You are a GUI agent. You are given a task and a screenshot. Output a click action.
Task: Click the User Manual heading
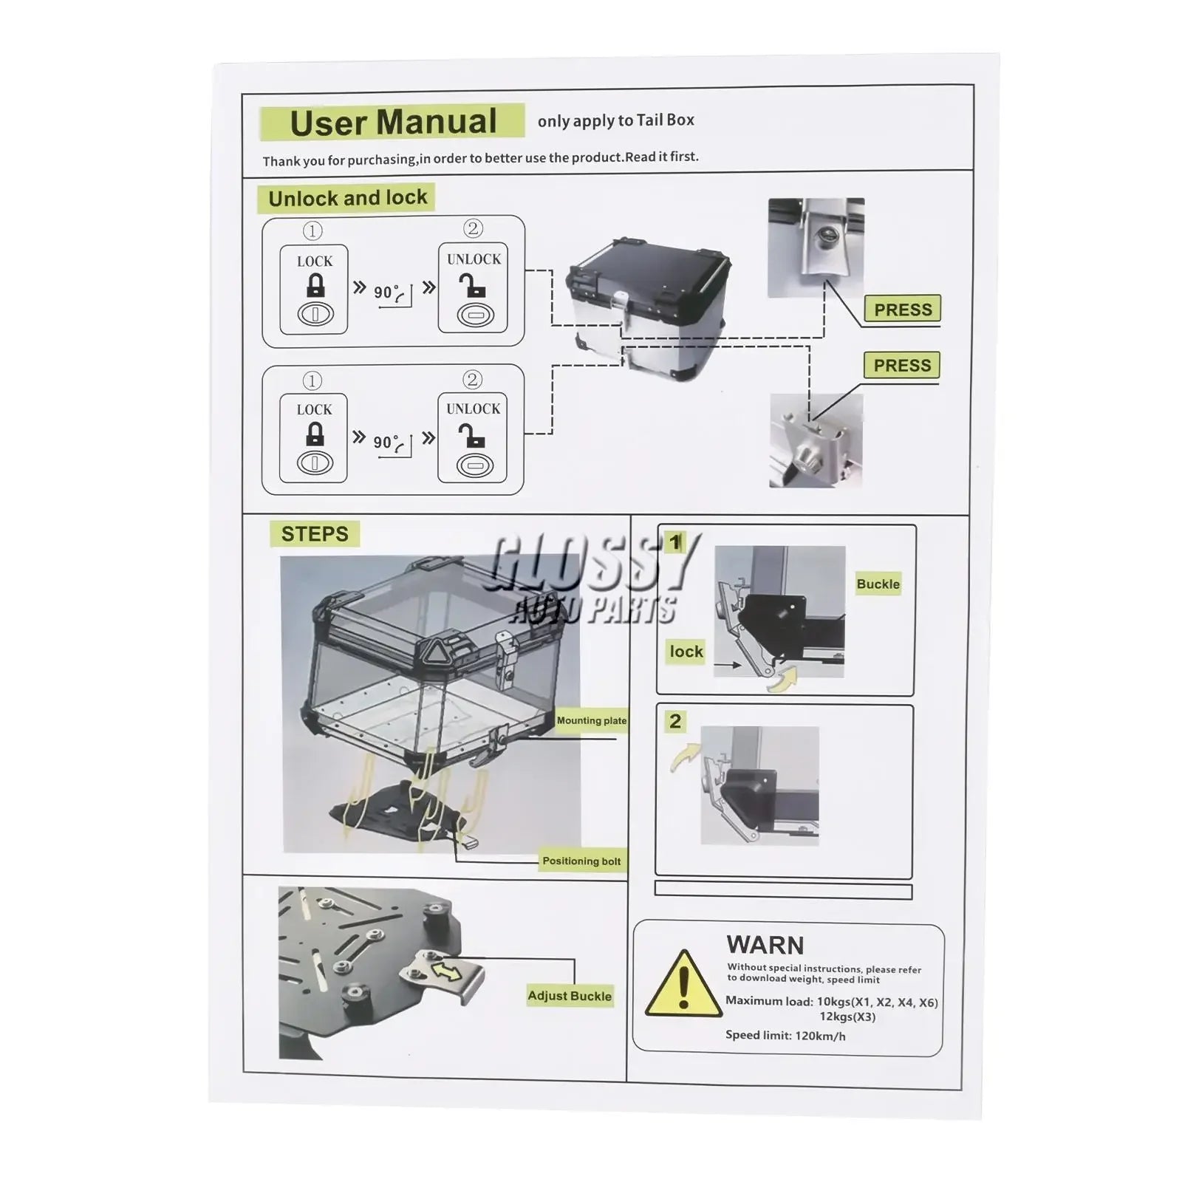(393, 123)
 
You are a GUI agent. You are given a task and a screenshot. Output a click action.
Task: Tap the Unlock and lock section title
(347, 198)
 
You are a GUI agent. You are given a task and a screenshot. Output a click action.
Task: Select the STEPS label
(315, 534)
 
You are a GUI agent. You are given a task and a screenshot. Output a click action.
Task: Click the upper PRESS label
(903, 310)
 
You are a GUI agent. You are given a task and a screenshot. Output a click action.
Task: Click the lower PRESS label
(902, 366)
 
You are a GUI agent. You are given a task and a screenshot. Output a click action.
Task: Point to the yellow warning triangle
(683, 984)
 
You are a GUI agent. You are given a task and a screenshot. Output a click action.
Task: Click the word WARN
(765, 945)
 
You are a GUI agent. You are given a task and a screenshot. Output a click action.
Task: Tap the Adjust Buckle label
(570, 996)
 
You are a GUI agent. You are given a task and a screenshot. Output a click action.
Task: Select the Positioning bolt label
(581, 861)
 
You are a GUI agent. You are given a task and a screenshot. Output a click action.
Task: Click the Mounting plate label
(592, 720)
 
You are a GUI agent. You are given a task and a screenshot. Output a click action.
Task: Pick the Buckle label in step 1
(878, 584)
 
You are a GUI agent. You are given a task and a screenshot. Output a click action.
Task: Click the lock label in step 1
(686, 652)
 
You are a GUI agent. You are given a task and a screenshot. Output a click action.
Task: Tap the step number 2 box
(674, 722)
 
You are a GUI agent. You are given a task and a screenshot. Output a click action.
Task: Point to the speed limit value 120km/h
(820, 1036)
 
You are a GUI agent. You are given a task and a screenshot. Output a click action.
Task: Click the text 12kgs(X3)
(847, 1017)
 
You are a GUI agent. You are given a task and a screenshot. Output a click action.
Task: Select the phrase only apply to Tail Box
(616, 120)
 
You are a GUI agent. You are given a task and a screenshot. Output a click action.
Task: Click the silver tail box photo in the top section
(647, 309)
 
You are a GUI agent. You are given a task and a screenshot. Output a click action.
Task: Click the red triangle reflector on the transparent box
(431, 652)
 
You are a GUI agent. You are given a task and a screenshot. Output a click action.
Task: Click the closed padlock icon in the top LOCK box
(315, 285)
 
